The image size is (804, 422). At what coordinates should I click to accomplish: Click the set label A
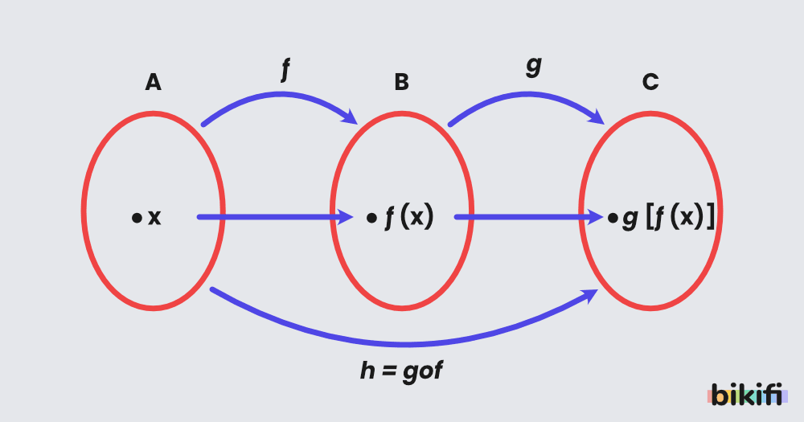click(x=153, y=82)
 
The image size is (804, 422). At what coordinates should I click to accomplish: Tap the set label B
click(x=401, y=82)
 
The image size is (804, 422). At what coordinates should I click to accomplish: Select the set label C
click(x=650, y=82)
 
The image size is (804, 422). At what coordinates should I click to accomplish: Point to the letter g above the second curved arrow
click(x=533, y=66)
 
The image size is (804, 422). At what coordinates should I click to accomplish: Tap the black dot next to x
click(x=137, y=218)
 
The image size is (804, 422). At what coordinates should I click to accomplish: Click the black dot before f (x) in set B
click(x=371, y=218)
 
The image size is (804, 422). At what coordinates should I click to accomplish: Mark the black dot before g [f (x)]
click(x=613, y=218)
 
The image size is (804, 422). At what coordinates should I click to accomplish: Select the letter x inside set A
click(x=154, y=218)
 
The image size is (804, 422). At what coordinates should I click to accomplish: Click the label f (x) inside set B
click(x=409, y=218)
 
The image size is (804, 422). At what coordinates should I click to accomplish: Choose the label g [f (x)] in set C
click(x=668, y=218)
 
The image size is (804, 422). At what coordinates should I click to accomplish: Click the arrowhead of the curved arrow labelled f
click(x=351, y=117)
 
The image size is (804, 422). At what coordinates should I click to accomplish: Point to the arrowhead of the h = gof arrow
click(x=592, y=295)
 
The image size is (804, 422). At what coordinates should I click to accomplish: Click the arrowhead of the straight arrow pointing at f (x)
click(x=347, y=217)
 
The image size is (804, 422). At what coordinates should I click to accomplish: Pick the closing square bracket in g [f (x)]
click(x=709, y=218)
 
